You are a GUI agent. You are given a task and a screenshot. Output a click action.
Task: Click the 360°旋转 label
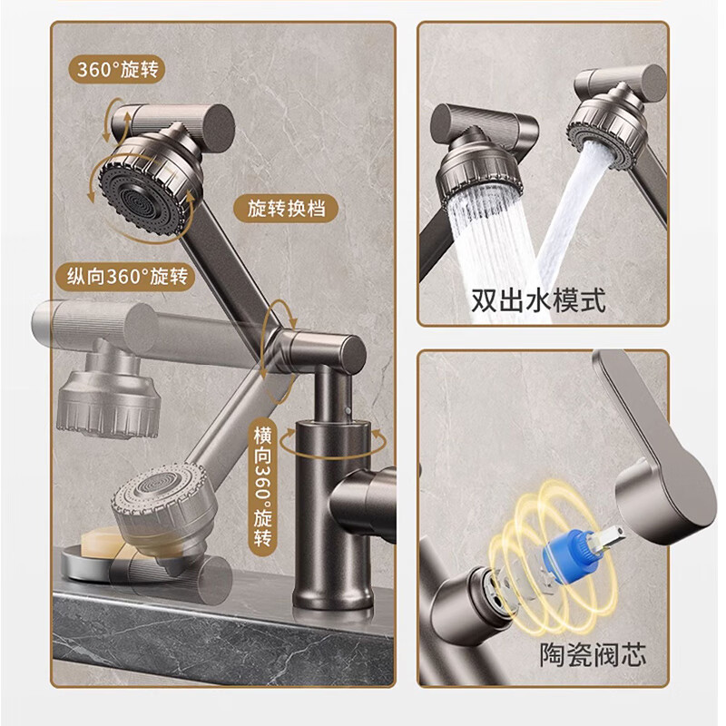pyautogui.click(x=117, y=70)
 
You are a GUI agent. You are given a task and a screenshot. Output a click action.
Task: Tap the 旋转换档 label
pyautogui.click(x=286, y=209)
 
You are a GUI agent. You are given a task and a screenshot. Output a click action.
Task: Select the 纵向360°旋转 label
pyautogui.click(x=127, y=277)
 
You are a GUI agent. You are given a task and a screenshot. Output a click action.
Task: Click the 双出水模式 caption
pyautogui.click(x=538, y=301)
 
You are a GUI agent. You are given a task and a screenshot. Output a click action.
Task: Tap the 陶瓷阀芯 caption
pyautogui.click(x=593, y=654)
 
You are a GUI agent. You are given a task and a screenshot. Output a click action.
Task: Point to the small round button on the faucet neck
pyautogui.click(x=348, y=411)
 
